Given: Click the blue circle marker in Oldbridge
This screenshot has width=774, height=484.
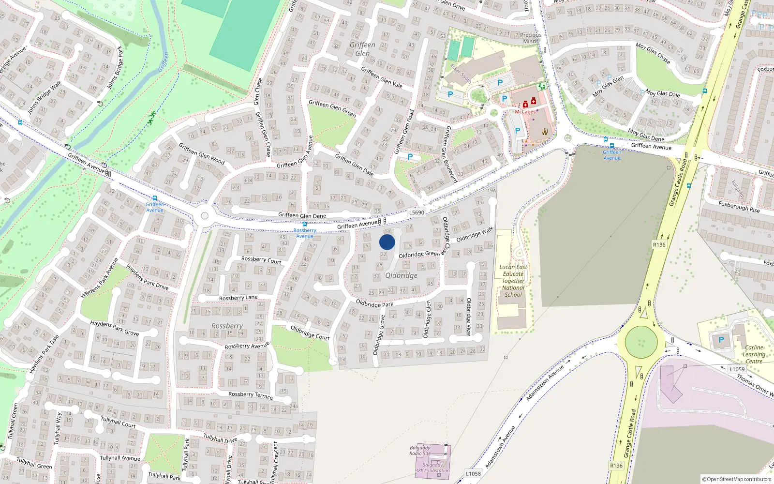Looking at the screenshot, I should point(387,242).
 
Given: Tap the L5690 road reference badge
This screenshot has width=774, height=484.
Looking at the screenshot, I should point(416,212).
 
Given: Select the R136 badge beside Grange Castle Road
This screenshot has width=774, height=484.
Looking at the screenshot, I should point(659,245).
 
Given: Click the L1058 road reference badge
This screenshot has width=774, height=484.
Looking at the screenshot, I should point(473,473).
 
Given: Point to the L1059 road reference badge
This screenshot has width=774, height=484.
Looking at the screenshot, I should point(737,369).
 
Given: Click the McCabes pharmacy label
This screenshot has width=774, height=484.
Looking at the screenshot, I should point(525,112).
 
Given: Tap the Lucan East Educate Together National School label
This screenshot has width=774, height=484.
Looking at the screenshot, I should point(513,281).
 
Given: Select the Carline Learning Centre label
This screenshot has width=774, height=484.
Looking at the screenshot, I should point(754,354).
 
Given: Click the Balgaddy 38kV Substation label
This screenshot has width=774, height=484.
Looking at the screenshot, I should point(432,468).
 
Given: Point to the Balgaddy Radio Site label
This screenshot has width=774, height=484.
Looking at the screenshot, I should point(420,451).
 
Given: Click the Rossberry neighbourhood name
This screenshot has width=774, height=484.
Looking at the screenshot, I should point(227,326).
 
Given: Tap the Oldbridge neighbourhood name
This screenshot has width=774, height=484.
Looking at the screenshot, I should point(401,275).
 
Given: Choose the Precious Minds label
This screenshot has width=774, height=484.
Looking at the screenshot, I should point(531,38).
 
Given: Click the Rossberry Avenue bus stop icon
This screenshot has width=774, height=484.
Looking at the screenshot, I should point(304,225).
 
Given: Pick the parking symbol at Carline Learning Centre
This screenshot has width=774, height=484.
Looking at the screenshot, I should point(721,340).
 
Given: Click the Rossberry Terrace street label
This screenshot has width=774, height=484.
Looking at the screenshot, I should point(250,395).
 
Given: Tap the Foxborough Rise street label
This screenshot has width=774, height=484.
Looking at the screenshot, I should point(739,207).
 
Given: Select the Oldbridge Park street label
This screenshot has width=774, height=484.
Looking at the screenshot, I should point(374,304).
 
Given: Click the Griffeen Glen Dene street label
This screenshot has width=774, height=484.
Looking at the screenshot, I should point(302,215).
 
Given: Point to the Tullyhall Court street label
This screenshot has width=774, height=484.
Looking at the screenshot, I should point(118,422).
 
